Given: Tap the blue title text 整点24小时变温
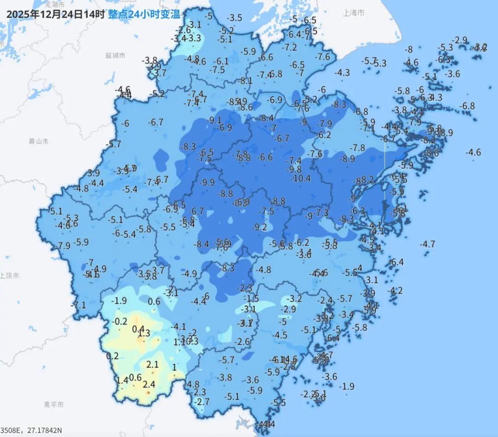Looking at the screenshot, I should pyautogui.click(x=144, y=14).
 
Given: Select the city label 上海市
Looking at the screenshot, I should pyautogui.click(x=354, y=13).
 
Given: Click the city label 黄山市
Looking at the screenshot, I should pyautogui.click(x=38, y=142).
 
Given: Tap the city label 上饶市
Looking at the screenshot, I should pyautogui.click(x=9, y=276).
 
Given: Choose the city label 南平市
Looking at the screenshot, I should pyautogui.click(x=54, y=405).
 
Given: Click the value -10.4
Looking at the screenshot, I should pyautogui.click(x=301, y=178).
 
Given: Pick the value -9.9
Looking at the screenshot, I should pyautogui.click(x=207, y=183).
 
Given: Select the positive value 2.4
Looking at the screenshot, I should pyautogui.click(x=149, y=384).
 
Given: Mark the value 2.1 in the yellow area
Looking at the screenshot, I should pyautogui.click(x=153, y=365).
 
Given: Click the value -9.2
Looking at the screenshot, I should pyautogui.click(x=260, y=227).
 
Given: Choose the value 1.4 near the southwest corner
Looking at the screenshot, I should pyautogui.click(x=122, y=380).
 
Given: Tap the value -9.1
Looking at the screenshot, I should pyautogui.click(x=215, y=120).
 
